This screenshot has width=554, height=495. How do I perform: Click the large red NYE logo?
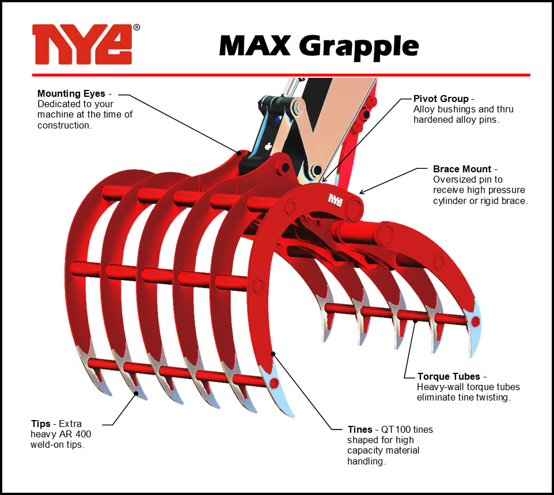tap(82, 44)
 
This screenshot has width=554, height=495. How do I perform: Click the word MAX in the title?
tap(255, 46)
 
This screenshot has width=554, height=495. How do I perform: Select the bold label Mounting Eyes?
tap(71, 94)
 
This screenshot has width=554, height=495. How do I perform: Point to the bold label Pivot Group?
tap(441, 99)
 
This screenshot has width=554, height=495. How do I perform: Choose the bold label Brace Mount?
tap(462, 169)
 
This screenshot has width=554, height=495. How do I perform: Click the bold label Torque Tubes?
tap(449, 376)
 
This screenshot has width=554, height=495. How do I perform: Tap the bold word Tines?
tap(360, 429)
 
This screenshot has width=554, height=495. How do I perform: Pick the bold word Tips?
tap(41, 424)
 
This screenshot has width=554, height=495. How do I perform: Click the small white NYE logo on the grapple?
tap(335, 200)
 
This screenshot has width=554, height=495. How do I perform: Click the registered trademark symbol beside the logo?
tap(136, 28)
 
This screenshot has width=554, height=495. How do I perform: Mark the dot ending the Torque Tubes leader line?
tap(416, 321)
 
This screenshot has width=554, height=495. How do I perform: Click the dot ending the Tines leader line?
tap(273, 354)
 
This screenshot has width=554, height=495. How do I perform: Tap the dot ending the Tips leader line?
tap(136, 393)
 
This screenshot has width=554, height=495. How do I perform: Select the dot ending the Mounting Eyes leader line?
tap(239, 153)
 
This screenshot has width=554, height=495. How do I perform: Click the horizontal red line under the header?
tap(281, 75)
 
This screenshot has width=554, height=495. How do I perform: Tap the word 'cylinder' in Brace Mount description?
tap(449, 201)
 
